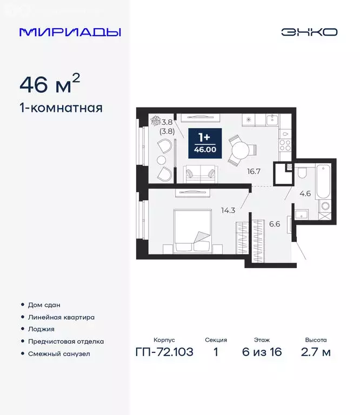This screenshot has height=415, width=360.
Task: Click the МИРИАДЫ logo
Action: pyautogui.click(x=70, y=32)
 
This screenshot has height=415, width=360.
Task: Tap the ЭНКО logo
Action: pyautogui.click(x=309, y=32)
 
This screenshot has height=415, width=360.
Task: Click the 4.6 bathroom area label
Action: pyautogui.click(x=305, y=193)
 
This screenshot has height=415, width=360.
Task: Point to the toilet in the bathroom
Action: pyautogui.click(x=303, y=173)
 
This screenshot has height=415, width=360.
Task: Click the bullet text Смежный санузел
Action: pyautogui.click(x=58, y=354)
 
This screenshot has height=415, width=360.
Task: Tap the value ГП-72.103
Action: pyautogui.click(x=164, y=353)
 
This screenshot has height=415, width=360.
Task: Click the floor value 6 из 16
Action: pyautogui.click(x=262, y=353)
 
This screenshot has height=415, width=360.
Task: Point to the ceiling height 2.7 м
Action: pyautogui.click(x=316, y=353)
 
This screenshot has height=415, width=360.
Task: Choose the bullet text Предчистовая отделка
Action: pyautogui.click(x=66, y=342)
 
